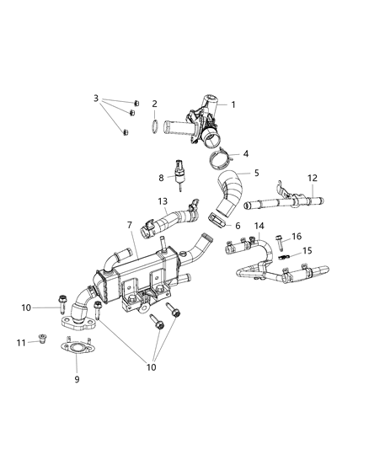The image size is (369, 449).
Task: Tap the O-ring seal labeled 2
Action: click(155, 128)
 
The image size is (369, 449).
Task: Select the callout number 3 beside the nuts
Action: click(96, 99)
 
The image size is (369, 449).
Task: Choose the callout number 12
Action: click(312, 178)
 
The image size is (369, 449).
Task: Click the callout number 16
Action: click(296, 237)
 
